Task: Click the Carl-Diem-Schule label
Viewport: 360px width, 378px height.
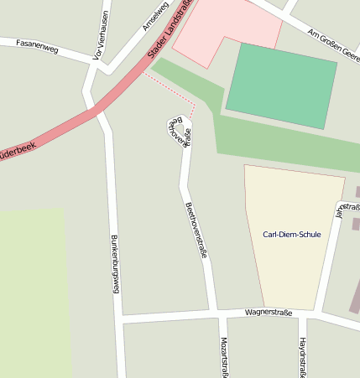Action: pyautogui.click(x=291, y=234)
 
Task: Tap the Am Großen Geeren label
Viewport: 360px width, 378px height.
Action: pyautogui.click(x=333, y=39)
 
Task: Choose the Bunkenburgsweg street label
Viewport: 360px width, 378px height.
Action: pyautogui.click(x=115, y=263)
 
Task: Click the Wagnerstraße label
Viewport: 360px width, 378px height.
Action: pyautogui.click(x=269, y=313)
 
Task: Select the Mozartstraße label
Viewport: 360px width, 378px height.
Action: pyautogui.click(x=224, y=357)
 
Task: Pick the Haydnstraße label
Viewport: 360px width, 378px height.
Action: pyautogui.click(x=302, y=357)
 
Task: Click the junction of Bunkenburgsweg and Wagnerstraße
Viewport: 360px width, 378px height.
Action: pyautogui.click(x=120, y=319)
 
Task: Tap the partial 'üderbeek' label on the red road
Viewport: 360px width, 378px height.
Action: pyautogui.click(x=18, y=153)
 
